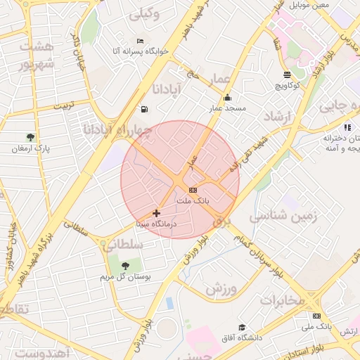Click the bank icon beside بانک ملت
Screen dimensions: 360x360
[193, 191]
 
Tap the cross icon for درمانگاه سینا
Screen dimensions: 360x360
[155, 212]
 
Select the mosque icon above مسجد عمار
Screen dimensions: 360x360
[226, 98]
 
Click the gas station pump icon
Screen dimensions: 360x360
[144, 109]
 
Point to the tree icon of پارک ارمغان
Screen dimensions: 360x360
[30, 138]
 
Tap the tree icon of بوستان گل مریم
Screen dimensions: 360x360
[125, 266]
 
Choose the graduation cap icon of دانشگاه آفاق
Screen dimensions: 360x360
[242, 327]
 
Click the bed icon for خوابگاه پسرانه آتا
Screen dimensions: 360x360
[140, 41]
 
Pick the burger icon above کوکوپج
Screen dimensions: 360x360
[287, 74]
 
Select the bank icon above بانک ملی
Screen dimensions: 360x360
[316, 316]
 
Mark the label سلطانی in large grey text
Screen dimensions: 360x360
[122, 244]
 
